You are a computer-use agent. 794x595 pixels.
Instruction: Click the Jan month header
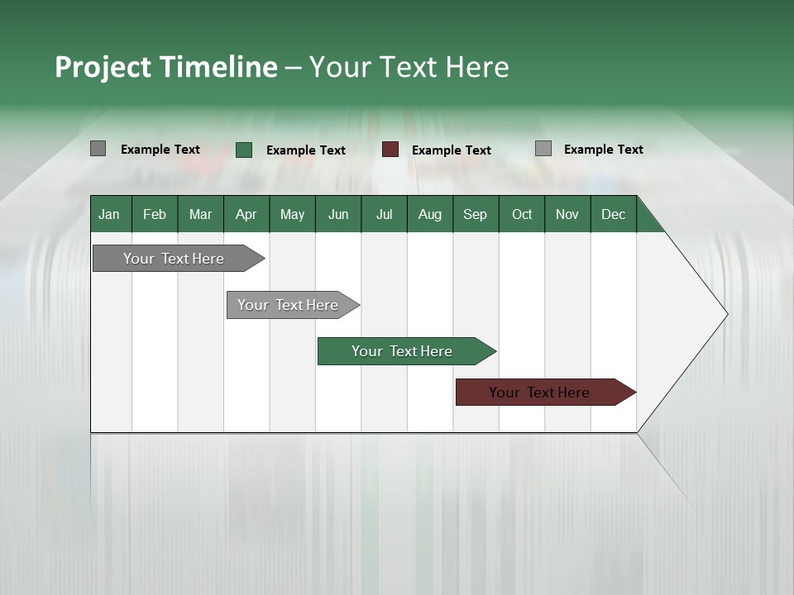coord(109,214)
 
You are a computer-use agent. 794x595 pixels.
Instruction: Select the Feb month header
coord(155,214)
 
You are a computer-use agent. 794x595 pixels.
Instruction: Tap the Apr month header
coord(246,214)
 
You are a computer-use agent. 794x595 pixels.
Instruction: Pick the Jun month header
coord(338,214)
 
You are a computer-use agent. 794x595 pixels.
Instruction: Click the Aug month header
coord(429,214)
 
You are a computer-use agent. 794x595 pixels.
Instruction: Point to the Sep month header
coord(475,214)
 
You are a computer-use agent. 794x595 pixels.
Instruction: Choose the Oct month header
coord(522,214)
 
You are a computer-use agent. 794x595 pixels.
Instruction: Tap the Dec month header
coord(613,214)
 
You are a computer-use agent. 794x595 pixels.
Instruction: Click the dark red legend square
coord(390,150)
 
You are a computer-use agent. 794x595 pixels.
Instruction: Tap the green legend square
coord(244,150)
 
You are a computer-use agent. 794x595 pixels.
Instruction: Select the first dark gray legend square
coord(98,149)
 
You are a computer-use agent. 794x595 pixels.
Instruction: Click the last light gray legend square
coord(543,149)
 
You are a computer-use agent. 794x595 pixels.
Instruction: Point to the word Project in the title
coord(103,67)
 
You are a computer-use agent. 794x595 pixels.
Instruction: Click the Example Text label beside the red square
coord(451,150)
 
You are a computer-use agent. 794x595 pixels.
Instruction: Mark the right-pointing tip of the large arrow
coord(726,314)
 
